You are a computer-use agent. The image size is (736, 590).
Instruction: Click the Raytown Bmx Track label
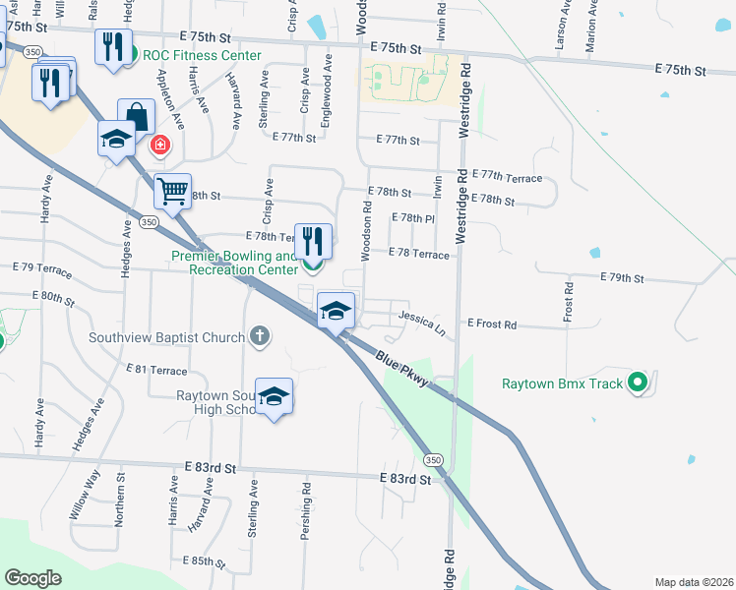(562, 383)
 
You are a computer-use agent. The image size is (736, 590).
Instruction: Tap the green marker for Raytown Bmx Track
(638, 383)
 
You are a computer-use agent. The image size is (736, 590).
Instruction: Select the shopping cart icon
(173, 191)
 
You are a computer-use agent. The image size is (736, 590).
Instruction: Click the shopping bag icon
(136, 115)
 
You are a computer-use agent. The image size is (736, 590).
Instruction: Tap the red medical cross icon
(158, 147)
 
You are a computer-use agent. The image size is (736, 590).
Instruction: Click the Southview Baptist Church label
(166, 338)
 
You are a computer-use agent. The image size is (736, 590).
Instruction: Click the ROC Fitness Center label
(202, 56)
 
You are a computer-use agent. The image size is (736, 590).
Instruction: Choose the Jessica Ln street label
(422, 320)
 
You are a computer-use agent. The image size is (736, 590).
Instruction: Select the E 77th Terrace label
(508, 177)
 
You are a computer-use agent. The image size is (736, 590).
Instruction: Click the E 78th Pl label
(412, 217)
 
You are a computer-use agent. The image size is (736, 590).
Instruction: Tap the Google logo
(32, 578)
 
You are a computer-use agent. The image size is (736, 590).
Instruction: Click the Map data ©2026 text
(693, 582)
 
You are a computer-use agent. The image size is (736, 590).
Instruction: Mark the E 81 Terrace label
(156, 370)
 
